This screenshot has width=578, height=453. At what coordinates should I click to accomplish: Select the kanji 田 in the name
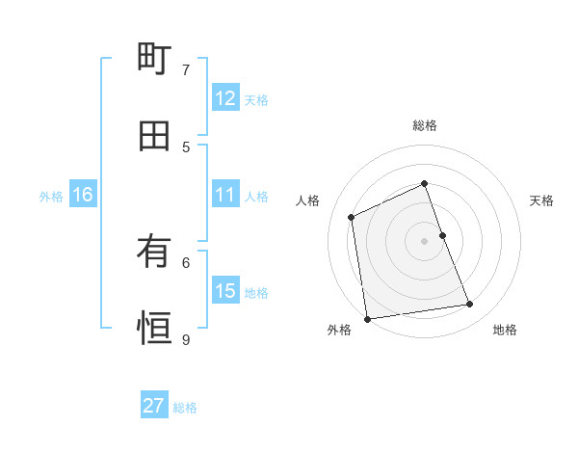point(154,136)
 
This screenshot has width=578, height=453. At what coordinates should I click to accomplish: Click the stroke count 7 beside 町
point(186,70)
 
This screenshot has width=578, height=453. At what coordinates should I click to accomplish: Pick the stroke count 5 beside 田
point(186,147)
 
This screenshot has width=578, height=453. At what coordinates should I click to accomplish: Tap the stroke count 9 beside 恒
point(186,339)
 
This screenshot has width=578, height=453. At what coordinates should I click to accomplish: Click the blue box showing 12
point(225,98)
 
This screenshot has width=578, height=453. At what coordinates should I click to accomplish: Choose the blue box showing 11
point(225,195)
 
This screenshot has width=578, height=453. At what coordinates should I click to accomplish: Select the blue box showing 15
point(225,291)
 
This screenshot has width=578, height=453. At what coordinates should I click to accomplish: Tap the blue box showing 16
point(83,195)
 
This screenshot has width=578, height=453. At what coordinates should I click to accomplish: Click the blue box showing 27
point(154,406)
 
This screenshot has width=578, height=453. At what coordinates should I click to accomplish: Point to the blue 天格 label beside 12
point(256,100)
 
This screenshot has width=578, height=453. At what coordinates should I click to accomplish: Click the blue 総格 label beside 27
point(185,408)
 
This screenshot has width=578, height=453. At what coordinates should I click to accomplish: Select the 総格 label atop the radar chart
point(425,125)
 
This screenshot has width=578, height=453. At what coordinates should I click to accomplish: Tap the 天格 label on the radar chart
point(542,200)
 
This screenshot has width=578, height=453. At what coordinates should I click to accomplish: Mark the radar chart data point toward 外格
point(367,318)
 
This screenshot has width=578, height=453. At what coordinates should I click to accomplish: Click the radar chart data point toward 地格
point(470,305)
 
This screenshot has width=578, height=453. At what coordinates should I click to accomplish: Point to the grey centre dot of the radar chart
point(425,240)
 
